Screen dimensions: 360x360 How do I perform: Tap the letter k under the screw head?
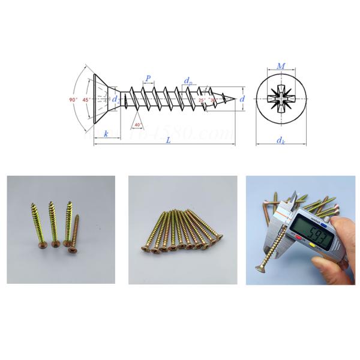tap(106, 134)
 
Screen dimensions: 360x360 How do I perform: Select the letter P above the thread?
tap(148, 79)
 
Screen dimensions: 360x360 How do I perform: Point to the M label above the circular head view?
tap(280, 66)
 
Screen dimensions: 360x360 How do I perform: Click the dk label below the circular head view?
tap(280, 140)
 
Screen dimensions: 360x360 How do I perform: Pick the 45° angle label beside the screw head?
tap(86, 99)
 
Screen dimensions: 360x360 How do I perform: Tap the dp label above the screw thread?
tap(188, 80)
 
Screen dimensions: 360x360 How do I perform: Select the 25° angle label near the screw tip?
tap(203, 99)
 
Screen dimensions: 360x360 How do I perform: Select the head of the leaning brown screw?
tap(74, 245)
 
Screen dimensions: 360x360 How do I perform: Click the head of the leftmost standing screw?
tap(36, 244)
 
